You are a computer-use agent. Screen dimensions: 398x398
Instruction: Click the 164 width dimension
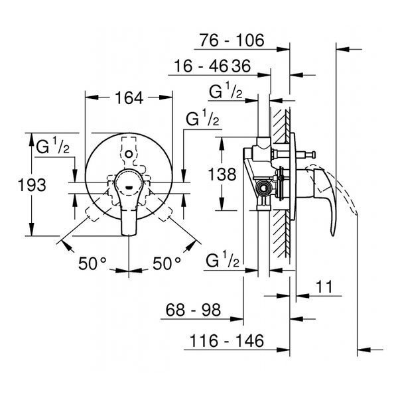129,98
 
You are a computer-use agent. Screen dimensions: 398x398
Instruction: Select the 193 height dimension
32,185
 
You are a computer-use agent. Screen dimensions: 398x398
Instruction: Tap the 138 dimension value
222,174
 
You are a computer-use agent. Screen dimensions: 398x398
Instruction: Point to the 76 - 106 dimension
232,40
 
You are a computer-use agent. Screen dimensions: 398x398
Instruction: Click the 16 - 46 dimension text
201,66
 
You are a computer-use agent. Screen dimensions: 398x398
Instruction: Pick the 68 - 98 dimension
193,310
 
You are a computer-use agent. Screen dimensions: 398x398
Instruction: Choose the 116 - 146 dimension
227,341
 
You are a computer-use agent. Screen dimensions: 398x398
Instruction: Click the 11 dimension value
324,287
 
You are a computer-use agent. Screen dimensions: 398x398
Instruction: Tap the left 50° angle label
92,263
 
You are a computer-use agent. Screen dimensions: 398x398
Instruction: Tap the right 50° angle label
166,263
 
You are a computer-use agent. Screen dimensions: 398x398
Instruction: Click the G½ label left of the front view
52,146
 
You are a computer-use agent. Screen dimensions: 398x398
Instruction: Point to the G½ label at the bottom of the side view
223,259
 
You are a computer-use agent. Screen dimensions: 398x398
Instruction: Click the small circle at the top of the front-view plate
129,154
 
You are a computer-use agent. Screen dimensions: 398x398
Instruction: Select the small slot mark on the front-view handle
129,188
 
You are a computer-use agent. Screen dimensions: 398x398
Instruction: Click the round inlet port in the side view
264,188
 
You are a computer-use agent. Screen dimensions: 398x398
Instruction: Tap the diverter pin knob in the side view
314,154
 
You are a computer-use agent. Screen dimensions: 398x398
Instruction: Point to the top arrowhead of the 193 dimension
31,139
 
